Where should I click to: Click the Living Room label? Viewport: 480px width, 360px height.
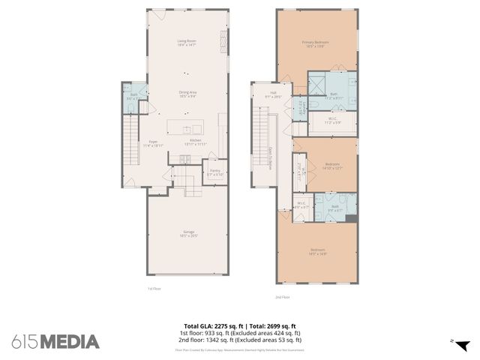pyautogui.click(x=187, y=42)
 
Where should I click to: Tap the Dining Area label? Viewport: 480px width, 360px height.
pyautogui.click(x=187, y=94)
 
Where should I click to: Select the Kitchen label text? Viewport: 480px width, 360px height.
pyautogui.click(x=196, y=142)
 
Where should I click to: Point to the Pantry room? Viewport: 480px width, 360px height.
pyautogui.click(x=214, y=172)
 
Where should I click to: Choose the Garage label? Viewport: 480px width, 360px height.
pyautogui.click(x=188, y=233)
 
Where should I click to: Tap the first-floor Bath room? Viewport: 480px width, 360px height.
pyautogui.click(x=133, y=97)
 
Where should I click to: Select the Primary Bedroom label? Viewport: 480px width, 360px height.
pyautogui.click(x=316, y=43)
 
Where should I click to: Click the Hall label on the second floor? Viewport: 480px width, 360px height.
pyautogui.click(x=264, y=94)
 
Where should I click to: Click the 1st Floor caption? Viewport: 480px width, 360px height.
pyautogui.click(x=154, y=289)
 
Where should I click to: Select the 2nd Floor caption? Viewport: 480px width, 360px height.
pyautogui.click(x=282, y=297)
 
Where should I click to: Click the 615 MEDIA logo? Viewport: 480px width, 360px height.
pyautogui.click(x=55, y=342)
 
